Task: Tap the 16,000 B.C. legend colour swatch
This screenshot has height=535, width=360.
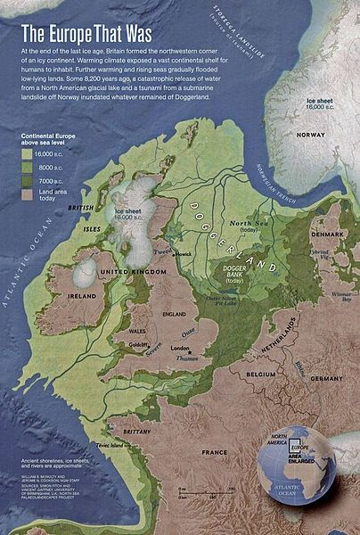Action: (x=28, y=153)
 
